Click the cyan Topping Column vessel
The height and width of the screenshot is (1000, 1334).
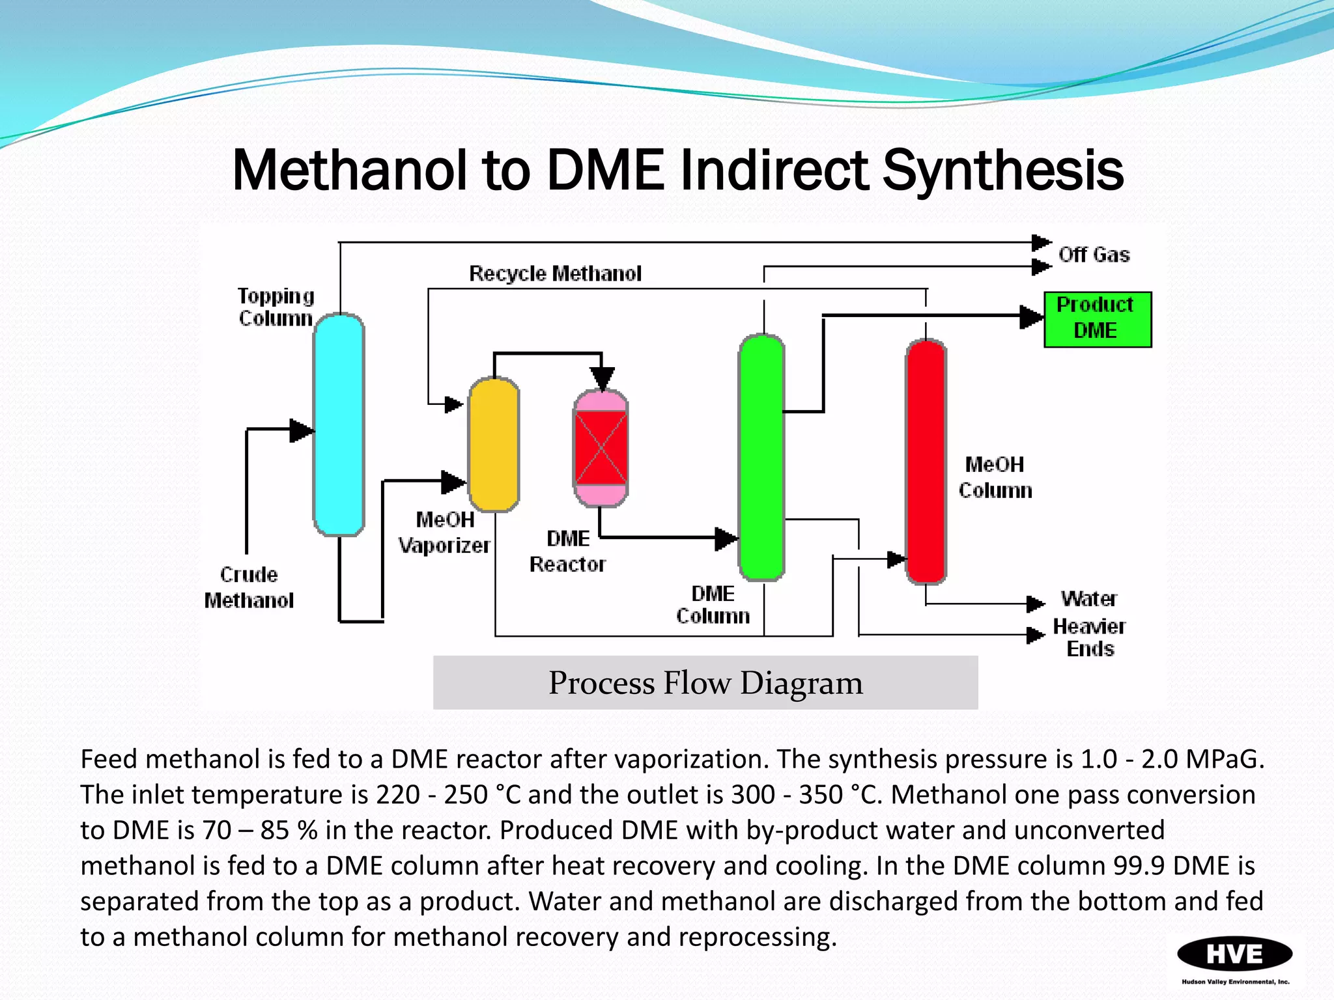point(339,424)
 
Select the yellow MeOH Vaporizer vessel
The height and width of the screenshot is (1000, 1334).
point(494,444)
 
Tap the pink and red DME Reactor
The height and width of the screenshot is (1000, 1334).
point(601,448)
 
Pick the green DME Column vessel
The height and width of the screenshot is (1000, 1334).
point(761,457)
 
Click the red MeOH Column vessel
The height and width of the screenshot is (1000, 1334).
point(926,461)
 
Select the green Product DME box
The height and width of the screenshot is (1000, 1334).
point(1098,319)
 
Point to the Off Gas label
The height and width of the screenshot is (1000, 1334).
point(1094,255)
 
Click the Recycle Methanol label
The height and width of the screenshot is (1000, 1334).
point(555,273)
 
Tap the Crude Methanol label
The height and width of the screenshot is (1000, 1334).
point(249,587)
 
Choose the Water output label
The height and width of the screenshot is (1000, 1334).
point(1088,598)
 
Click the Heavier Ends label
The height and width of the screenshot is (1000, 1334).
point(1089,637)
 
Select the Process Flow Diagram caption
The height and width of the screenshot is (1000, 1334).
point(705,682)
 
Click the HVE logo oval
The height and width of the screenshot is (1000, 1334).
point(1234,954)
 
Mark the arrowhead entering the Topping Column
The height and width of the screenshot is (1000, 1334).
point(302,430)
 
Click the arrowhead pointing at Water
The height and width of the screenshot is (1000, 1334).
point(1035,604)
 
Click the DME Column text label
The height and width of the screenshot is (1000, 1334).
point(713,604)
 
